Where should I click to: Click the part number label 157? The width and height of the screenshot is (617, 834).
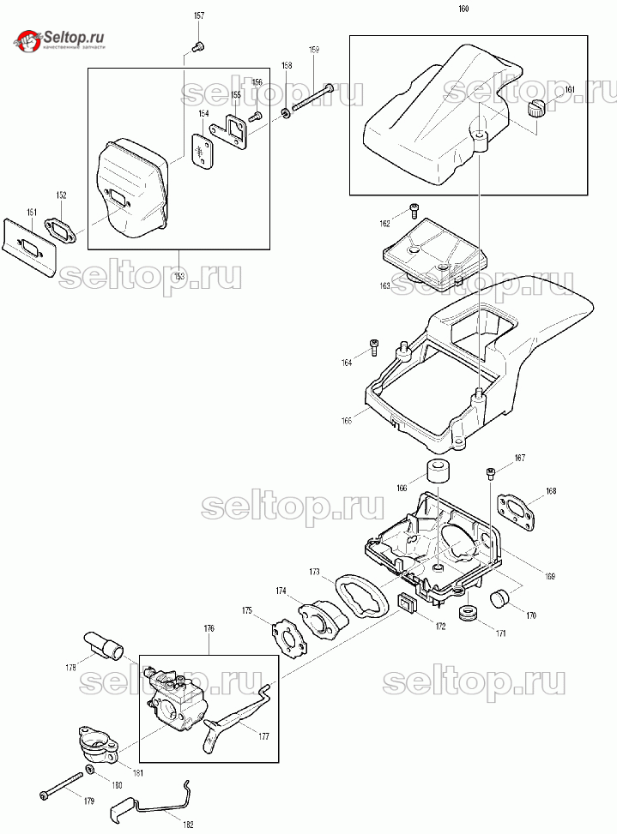[199, 16]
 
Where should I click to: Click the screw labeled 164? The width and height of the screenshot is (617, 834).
[374, 347]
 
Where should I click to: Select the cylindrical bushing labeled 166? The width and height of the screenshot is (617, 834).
[439, 471]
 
